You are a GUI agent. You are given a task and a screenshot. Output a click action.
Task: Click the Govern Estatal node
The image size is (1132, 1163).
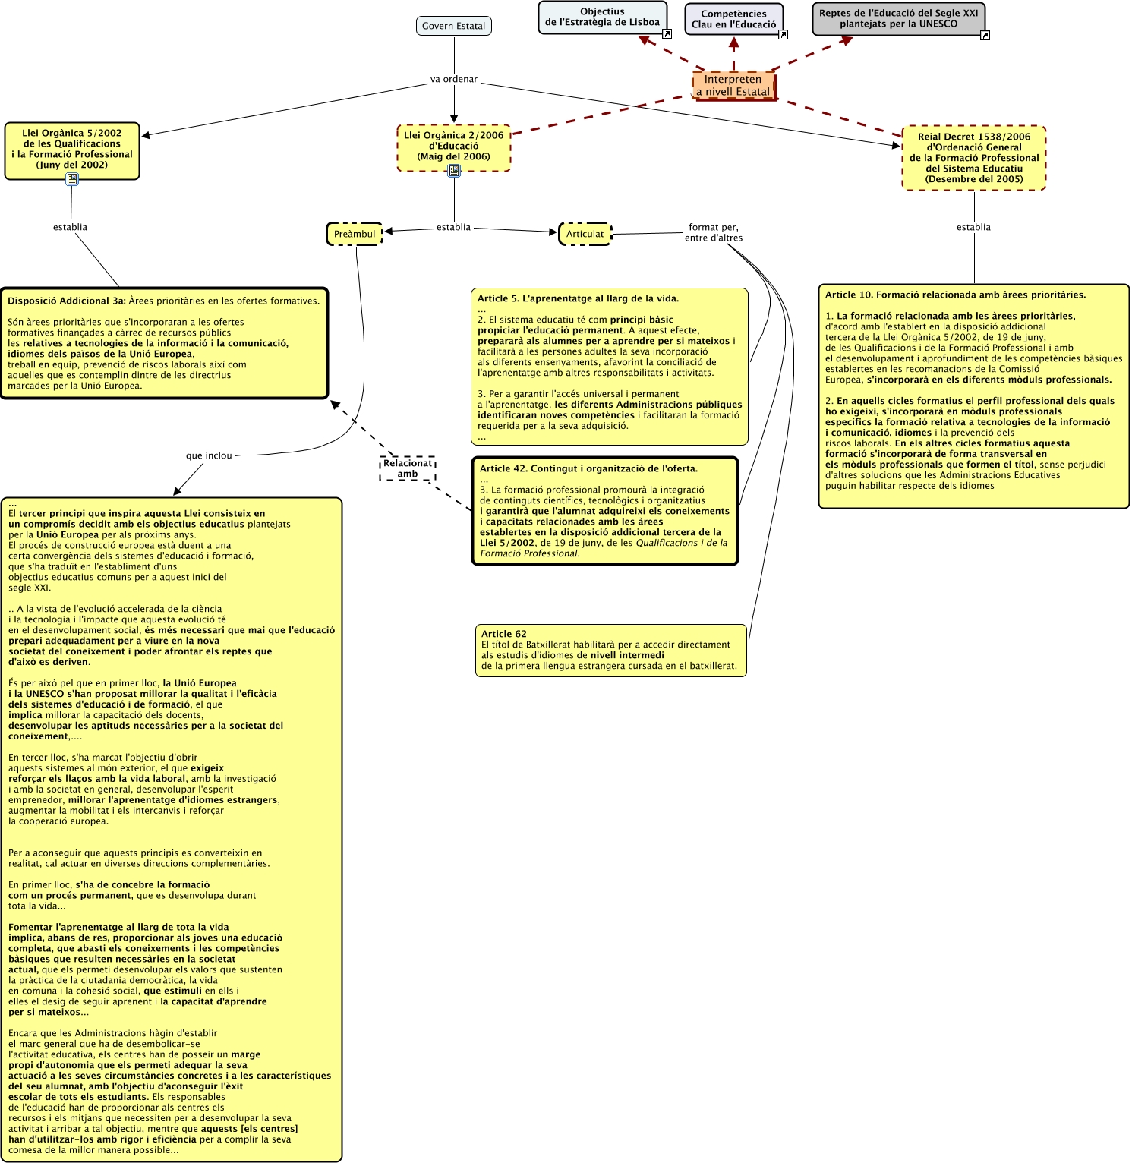pyautogui.click(x=453, y=26)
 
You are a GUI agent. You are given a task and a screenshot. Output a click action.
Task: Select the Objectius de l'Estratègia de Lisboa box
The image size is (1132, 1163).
pyautogui.click(x=602, y=17)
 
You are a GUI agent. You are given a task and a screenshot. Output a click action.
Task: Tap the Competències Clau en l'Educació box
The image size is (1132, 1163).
pyautogui.click(x=733, y=19)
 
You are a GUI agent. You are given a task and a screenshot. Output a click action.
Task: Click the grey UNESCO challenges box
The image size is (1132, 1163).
pyautogui.click(x=898, y=19)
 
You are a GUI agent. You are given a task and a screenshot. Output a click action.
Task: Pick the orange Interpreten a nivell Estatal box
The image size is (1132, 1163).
pyautogui.click(x=733, y=86)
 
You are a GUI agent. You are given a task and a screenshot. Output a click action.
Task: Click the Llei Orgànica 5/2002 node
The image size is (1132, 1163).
pyautogui.click(x=72, y=149)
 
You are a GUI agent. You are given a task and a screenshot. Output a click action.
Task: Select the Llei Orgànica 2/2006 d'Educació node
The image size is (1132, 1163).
pyautogui.click(x=453, y=146)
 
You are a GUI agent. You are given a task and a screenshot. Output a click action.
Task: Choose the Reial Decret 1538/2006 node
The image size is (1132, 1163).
pyautogui.click(x=974, y=158)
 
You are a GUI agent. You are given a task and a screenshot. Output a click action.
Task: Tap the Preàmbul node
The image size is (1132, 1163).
pyautogui.click(x=355, y=234)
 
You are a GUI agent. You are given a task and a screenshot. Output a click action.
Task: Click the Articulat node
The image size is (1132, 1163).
pyautogui.click(x=585, y=234)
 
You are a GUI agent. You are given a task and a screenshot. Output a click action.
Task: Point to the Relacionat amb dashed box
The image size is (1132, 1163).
pyautogui.click(x=408, y=468)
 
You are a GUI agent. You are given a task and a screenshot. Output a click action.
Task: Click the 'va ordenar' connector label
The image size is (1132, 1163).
pyautogui.click(x=453, y=79)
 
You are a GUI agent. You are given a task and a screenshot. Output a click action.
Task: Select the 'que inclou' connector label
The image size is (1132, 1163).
pyautogui.click(x=209, y=455)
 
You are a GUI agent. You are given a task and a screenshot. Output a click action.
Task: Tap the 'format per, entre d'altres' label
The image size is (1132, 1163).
pyautogui.click(x=714, y=232)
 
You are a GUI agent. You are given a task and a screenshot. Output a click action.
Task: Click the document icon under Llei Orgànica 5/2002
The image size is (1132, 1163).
pyautogui.click(x=72, y=179)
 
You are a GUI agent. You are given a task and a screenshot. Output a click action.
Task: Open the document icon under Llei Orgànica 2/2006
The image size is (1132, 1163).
pyautogui.click(x=454, y=171)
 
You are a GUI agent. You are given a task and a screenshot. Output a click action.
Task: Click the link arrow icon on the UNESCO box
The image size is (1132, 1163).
pyautogui.click(x=985, y=35)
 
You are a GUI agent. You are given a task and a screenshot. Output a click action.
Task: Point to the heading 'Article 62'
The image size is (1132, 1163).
pyautogui.click(x=503, y=634)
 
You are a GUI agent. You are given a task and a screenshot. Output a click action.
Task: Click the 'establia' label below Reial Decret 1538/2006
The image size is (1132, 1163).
pyautogui.click(x=973, y=227)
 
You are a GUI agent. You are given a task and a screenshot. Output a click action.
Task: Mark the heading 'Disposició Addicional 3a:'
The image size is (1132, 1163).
pyautogui.click(x=66, y=301)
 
